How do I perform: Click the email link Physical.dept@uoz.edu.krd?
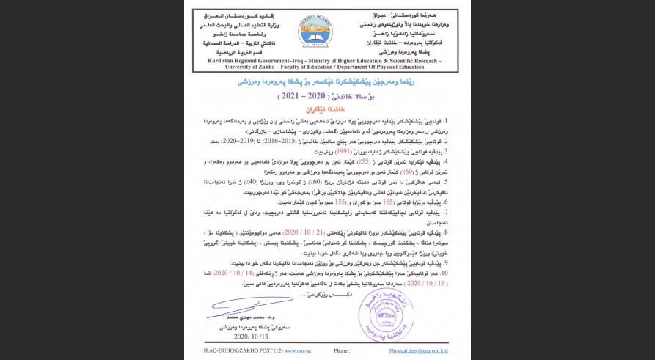[x=418, y=351]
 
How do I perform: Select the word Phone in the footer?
[x=341, y=351]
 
